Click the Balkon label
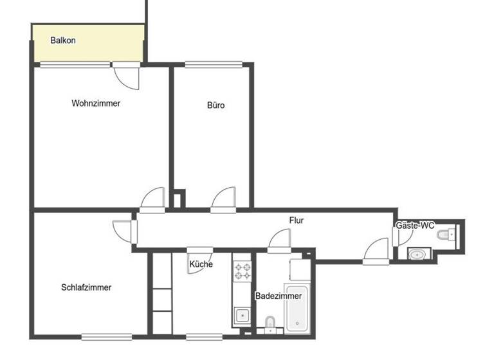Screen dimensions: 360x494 (63, 40)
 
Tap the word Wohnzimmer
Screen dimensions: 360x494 (96, 103)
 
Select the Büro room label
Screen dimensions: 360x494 (216, 105)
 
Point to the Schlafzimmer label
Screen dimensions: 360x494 (86, 287)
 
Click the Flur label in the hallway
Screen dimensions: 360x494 (297, 221)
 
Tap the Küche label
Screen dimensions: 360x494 (201, 264)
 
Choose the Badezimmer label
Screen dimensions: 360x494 (279, 296)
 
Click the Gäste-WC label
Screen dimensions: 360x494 (415, 226)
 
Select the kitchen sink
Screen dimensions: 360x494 (243, 315)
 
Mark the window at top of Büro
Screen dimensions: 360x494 (214, 64)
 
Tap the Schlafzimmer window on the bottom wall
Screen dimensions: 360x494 (107, 336)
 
